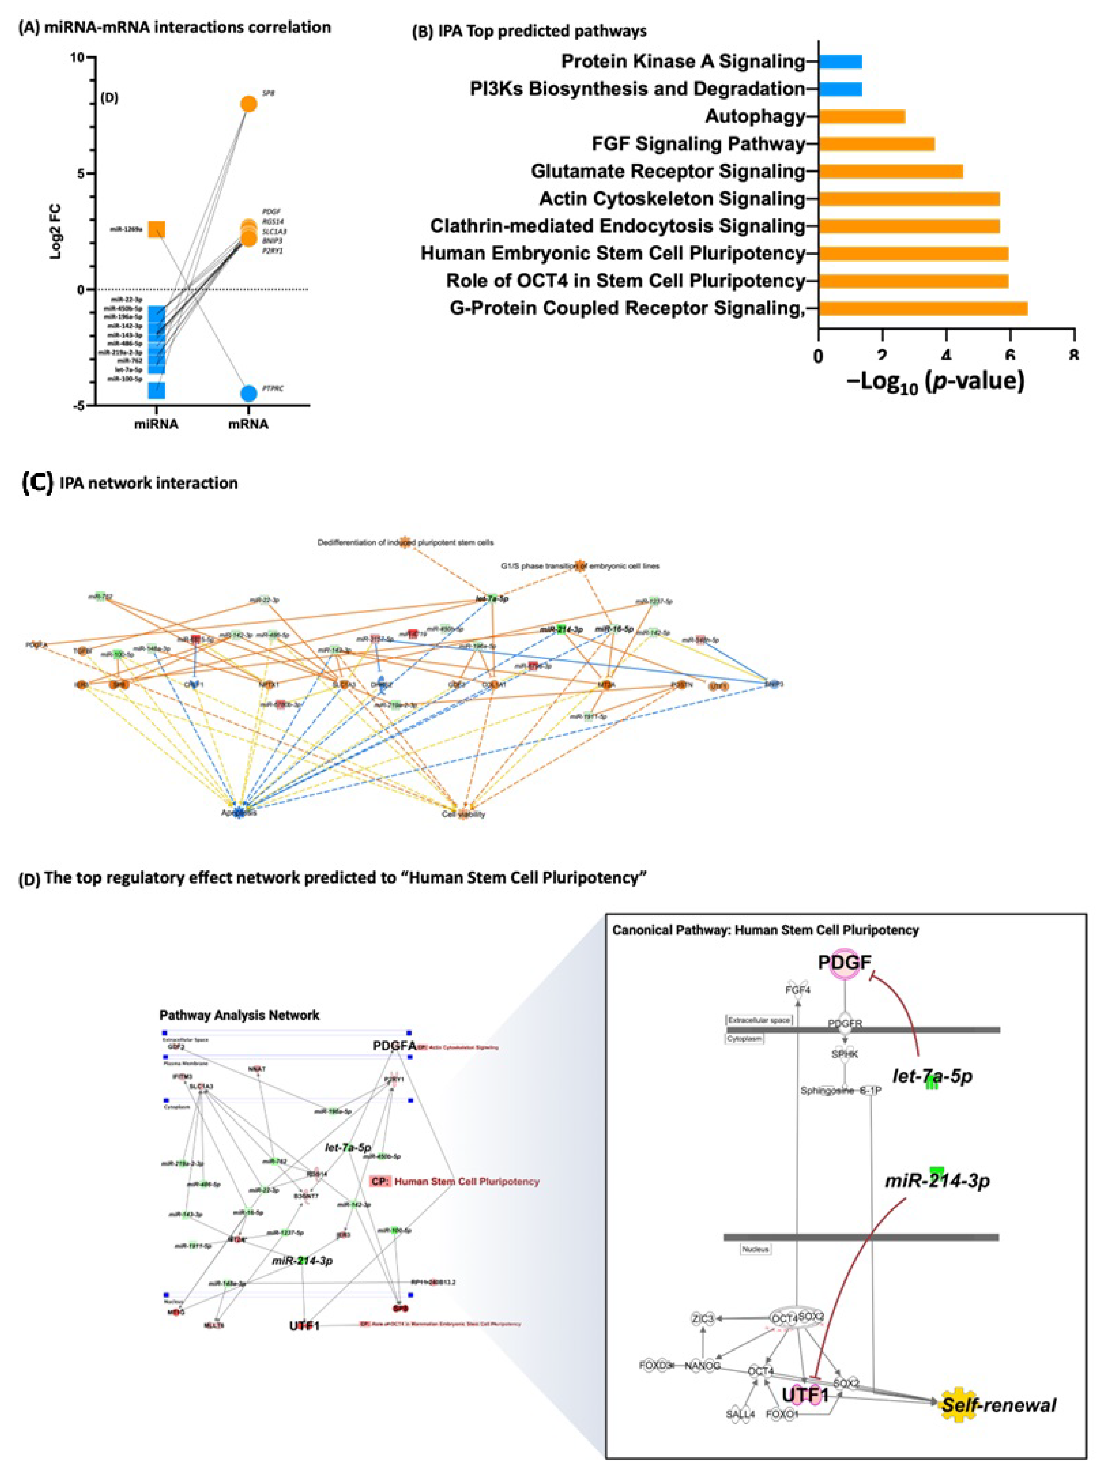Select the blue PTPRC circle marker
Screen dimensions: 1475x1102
tap(248, 393)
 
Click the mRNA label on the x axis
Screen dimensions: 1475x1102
tap(248, 424)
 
